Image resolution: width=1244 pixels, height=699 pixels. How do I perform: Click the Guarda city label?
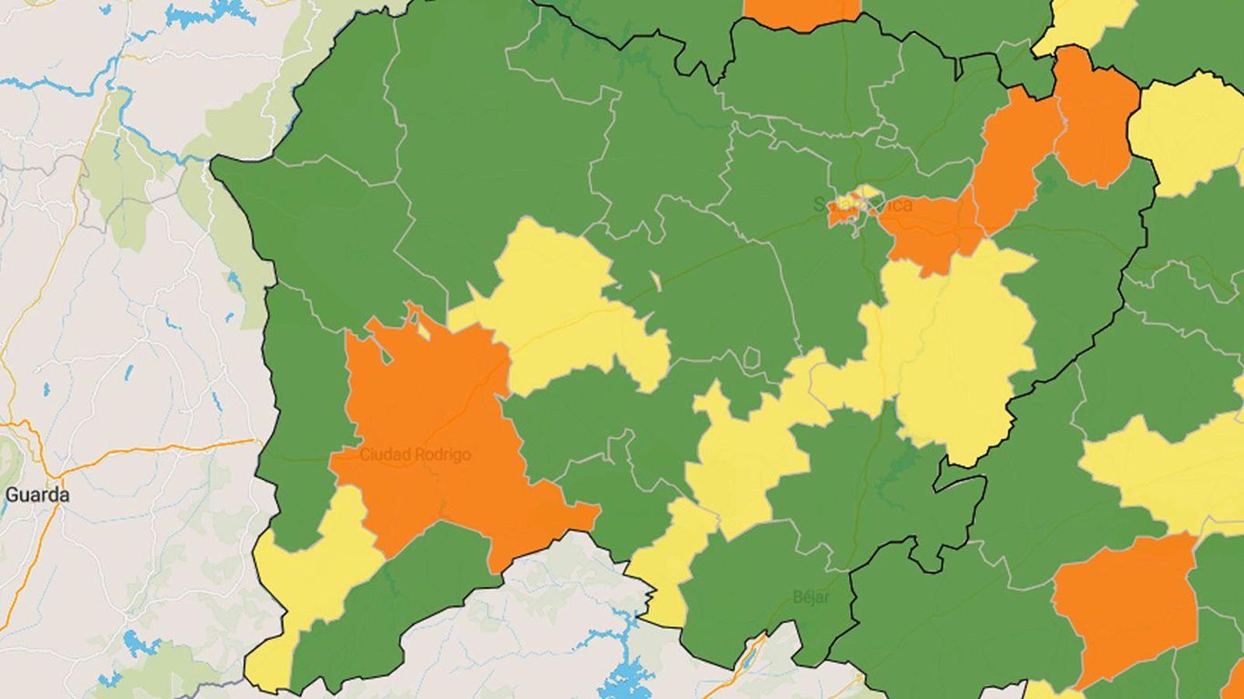point(37,495)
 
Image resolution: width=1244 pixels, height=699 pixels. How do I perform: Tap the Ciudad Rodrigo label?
point(415,454)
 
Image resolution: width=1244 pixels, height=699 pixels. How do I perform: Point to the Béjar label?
point(811,597)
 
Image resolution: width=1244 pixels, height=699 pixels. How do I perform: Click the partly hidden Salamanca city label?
point(863,205)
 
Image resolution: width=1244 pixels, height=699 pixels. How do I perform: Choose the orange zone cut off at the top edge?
point(801,12)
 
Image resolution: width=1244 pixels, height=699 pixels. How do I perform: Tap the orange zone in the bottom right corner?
point(1127,606)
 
